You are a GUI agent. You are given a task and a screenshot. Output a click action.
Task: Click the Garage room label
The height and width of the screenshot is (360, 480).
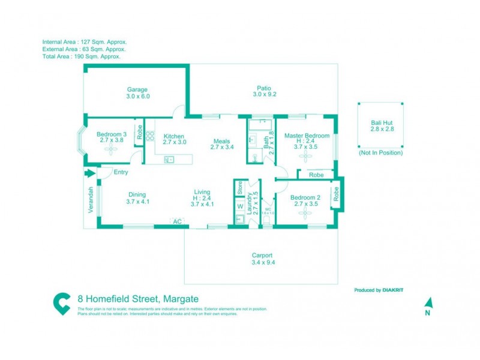point(137,92)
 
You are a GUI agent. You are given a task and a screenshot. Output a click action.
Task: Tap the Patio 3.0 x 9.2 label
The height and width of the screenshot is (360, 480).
point(264,91)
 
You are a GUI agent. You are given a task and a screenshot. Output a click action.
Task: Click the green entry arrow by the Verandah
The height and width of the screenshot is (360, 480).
point(90,173)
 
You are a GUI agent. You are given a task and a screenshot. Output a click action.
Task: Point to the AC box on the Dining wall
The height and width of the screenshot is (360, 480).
point(177,221)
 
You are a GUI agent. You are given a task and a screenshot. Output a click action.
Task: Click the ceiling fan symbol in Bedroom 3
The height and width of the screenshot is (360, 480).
point(111,152)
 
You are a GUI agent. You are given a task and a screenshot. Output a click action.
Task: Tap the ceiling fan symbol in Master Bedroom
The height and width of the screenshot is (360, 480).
point(307,157)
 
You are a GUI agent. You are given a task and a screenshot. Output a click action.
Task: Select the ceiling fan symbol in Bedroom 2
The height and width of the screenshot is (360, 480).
point(305,212)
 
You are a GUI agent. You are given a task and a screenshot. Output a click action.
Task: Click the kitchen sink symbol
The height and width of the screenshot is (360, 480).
point(169,159)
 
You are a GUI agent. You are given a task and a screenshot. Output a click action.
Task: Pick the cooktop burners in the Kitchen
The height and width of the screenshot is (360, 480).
point(150,136)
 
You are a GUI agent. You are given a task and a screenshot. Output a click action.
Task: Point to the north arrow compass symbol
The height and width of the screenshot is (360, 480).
point(428,304)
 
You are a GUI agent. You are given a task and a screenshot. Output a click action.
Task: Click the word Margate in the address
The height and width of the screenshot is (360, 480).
point(181,299)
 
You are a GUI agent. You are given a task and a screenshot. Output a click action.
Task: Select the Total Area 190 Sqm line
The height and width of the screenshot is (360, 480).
point(81,56)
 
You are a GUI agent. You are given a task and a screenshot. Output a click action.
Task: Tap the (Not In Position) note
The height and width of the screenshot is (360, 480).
point(380,153)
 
